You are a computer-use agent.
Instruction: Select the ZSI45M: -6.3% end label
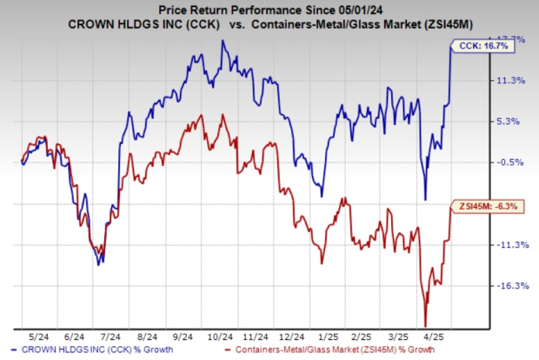point(482,206)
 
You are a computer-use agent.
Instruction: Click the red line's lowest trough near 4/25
point(425,323)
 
